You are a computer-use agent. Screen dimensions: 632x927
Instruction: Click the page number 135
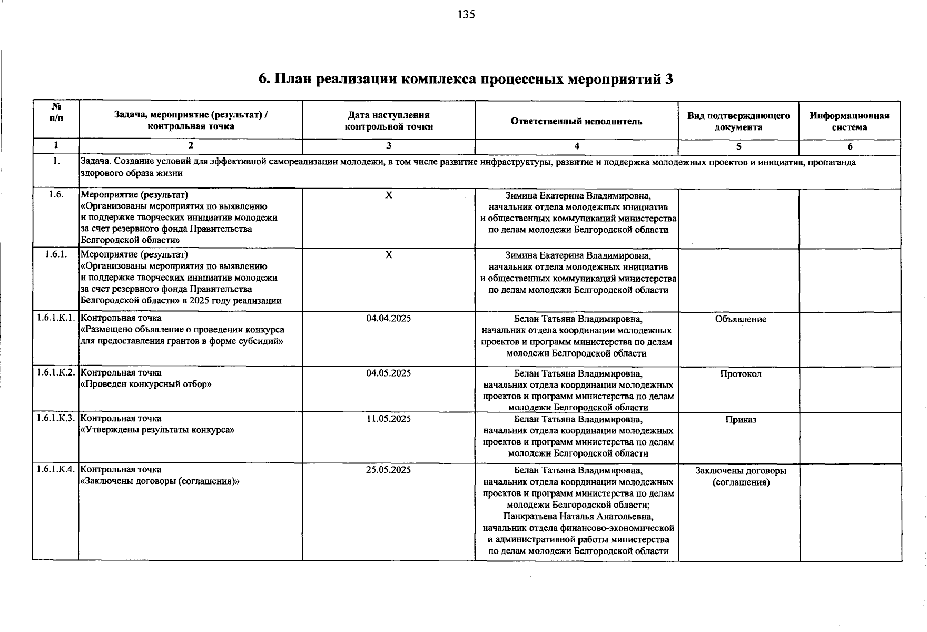466,15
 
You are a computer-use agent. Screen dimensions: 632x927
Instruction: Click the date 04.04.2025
389,319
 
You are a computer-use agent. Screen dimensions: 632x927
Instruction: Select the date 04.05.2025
389,373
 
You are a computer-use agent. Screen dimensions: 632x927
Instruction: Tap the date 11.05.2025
389,419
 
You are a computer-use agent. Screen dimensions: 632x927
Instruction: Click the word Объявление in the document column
741,319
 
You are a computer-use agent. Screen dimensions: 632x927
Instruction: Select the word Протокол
741,374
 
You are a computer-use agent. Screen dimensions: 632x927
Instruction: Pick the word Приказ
741,420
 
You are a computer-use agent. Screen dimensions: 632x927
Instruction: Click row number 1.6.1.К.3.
56,419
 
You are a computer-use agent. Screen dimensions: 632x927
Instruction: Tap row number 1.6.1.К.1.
56,318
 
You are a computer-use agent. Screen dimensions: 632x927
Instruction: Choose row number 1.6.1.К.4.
56,470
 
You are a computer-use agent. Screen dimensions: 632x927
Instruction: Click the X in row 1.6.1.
389,255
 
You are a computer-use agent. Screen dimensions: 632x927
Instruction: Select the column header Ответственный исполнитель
576,122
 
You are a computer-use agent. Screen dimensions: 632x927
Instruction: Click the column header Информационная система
850,122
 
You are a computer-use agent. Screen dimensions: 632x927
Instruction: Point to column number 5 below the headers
738,147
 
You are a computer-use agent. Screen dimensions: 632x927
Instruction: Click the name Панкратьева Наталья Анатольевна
578,517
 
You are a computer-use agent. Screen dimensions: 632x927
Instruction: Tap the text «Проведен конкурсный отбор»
145,384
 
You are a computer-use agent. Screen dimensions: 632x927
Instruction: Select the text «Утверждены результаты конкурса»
157,430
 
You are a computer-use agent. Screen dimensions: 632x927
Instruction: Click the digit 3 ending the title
669,80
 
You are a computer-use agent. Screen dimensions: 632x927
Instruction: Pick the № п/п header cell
56,112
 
